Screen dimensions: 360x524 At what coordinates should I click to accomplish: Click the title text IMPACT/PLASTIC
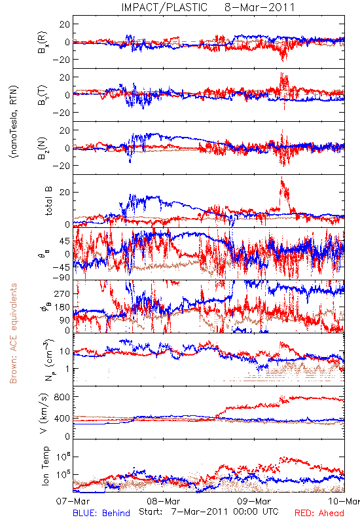tap(164, 7)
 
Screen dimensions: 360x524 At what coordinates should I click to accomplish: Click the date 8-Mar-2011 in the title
tap(259, 7)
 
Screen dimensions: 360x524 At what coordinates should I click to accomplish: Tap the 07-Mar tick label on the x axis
tap(73, 501)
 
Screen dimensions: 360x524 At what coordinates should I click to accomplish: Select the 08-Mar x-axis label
tap(163, 501)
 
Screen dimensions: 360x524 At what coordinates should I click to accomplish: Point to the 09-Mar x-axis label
tap(254, 501)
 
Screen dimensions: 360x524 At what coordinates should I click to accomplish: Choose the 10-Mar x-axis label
tap(344, 501)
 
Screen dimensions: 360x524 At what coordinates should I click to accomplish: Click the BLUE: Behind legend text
tap(101, 513)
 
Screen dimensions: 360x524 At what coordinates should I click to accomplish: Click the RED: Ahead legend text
tap(319, 513)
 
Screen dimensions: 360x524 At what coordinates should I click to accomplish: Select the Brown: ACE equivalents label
tap(13, 333)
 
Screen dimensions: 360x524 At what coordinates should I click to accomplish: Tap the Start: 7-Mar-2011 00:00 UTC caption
tap(208, 512)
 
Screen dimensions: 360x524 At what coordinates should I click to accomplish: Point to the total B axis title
tap(48, 201)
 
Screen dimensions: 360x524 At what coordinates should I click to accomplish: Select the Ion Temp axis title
tap(45, 466)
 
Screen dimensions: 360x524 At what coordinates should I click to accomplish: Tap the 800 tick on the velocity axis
tap(62, 397)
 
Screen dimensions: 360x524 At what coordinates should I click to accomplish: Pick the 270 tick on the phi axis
tap(62, 293)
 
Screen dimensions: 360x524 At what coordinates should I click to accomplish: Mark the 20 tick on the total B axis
tap(65, 193)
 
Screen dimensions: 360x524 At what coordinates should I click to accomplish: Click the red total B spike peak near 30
tap(281, 177)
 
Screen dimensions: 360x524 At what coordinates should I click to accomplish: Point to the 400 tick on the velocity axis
tap(62, 419)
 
